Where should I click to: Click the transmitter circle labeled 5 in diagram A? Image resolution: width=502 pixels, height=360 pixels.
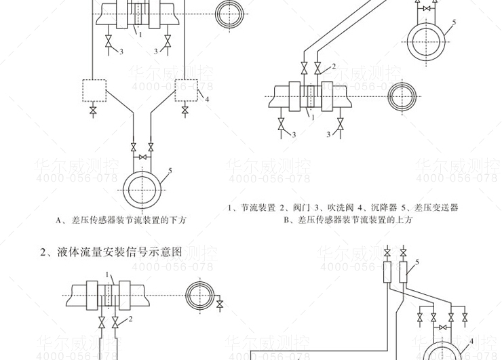click(x=142, y=184)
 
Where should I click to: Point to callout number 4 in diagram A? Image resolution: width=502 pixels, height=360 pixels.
click(x=207, y=100)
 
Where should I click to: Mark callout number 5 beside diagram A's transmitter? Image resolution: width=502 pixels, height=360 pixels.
click(x=170, y=170)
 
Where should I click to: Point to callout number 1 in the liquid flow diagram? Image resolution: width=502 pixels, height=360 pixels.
click(x=108, y=275)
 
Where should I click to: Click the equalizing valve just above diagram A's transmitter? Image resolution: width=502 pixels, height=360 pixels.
click(x=142, y=158)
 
